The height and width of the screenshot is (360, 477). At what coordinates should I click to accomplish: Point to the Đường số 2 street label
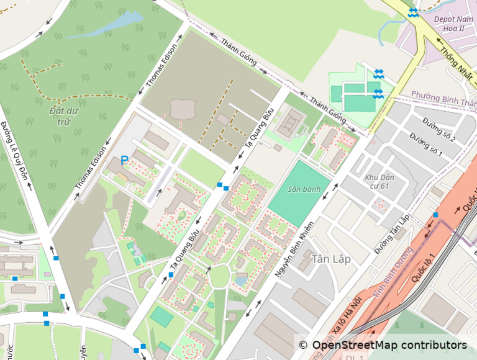coord(438,129)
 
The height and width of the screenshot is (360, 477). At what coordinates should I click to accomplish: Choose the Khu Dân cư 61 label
coord(378,181)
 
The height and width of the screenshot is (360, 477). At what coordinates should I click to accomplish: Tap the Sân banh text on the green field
coord(300,189)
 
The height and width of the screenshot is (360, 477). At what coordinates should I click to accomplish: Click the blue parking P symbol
coord(124,160)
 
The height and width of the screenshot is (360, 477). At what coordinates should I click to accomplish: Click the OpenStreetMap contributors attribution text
coord(382,345)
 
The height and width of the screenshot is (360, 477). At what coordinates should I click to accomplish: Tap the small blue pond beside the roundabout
coord(240,281)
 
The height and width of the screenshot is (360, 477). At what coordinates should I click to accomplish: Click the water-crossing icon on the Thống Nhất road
coord(413,13)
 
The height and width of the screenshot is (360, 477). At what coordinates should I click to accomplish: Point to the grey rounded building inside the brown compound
coord(182,109)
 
